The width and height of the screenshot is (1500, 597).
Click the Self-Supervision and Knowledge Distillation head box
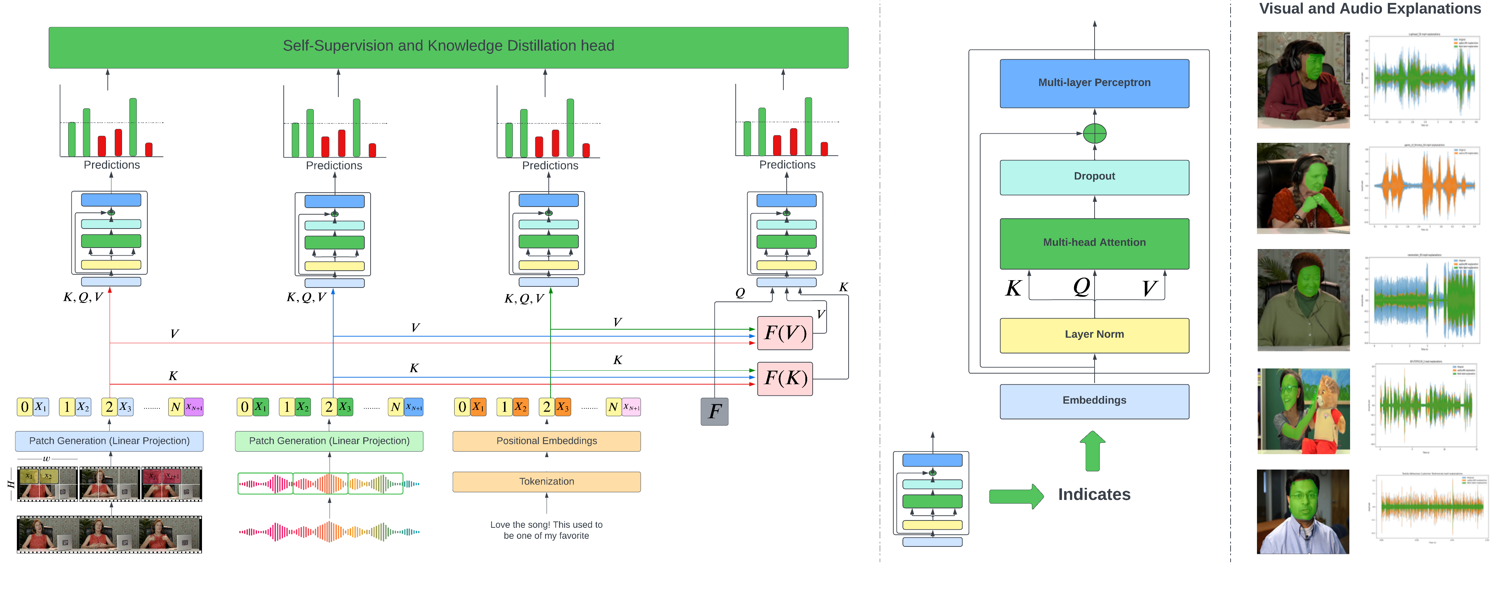click(448, 47)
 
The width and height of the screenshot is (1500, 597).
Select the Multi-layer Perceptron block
click(1094, 83)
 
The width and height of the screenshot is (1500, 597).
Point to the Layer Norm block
click(1094, 334)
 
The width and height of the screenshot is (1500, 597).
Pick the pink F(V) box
click(784, 333)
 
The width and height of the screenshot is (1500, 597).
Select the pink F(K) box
click(784, 378)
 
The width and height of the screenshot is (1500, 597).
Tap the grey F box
click(714, 411)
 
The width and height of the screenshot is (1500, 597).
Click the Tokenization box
click(546, 482)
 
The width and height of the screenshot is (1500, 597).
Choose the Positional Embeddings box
click(546, 441)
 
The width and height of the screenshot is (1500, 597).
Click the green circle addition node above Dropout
click(1094, 134)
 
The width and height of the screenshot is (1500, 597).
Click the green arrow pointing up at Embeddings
click(1092, 451)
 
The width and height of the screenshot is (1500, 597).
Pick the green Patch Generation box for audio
click(329, 441)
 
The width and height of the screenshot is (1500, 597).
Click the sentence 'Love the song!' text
click(546, 530)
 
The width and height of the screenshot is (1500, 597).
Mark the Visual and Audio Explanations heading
click(1370, 9)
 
